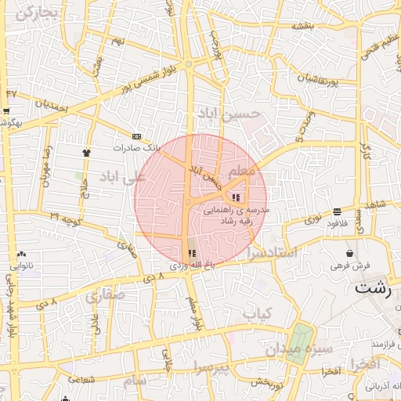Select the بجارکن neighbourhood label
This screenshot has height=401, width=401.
click(36, 13)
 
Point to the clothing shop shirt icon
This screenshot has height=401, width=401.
click(86, 153)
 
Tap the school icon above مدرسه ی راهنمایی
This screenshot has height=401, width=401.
click(237, 197)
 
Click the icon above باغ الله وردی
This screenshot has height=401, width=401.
click(192, 253)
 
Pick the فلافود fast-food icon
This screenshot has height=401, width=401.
click(337, 211)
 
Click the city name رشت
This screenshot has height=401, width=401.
click(372, 288)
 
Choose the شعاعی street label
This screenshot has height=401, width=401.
click(81, 380)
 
